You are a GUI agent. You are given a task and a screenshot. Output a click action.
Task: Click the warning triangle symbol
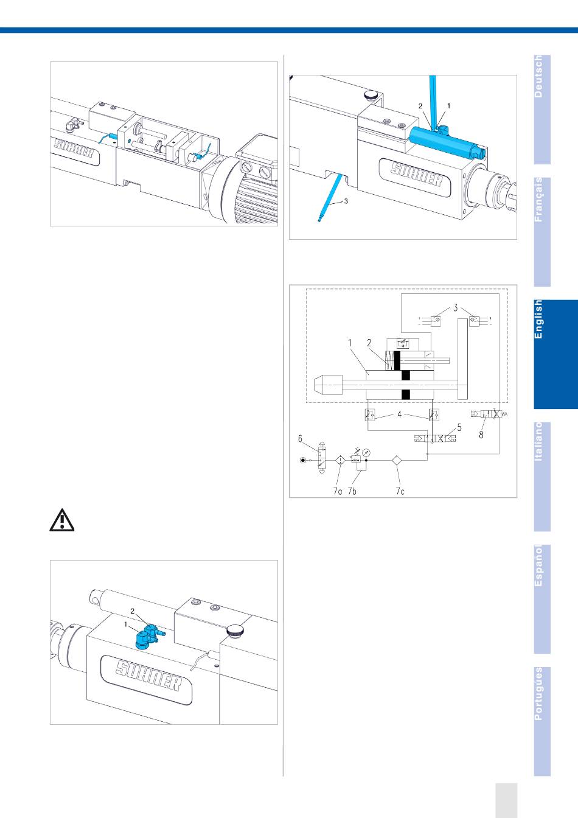61,520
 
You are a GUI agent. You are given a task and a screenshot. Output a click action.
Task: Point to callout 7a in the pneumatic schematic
337,491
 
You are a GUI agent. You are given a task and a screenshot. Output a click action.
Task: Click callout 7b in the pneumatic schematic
352,491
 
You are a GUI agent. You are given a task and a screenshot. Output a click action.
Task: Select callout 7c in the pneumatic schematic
400,491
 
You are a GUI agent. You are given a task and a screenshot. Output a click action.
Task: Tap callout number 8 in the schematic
481,435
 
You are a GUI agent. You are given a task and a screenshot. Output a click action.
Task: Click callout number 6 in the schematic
300,438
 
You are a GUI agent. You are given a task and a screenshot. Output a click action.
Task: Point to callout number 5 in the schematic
460,427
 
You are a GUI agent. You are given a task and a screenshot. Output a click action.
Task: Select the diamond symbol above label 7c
396,461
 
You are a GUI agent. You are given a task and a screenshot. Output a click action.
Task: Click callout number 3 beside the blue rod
346,201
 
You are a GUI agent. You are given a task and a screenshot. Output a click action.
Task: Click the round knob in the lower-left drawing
234,634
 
